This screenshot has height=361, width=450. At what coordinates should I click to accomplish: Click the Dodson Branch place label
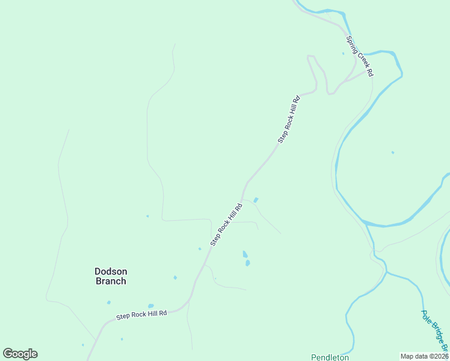[x=111, y=276]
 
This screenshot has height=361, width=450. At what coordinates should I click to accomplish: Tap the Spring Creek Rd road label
[x=360, y=56]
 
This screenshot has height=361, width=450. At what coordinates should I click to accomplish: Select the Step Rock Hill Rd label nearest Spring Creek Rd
[x=289, y=119]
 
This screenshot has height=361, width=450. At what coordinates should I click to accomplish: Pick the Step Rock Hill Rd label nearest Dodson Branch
[x=141, y=315]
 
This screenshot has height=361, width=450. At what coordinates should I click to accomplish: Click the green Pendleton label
[x=330, y=357]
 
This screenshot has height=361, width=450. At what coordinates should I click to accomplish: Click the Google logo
[x=20, y=354]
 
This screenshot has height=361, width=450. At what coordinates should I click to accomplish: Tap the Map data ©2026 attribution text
[x=424, y=356]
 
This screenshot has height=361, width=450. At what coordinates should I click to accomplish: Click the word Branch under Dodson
[x=111, y=281]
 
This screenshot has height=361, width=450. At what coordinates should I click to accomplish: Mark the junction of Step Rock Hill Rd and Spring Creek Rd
[x=366, y=72]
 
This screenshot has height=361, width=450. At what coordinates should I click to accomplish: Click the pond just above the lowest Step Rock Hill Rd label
[x=150, y=306]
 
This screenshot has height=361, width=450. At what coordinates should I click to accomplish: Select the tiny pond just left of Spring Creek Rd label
[x=344, y=54]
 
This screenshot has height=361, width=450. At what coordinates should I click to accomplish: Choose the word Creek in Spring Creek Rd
[x=361, y=57]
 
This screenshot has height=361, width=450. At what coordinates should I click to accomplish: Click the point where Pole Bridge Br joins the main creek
[x=386, y=273]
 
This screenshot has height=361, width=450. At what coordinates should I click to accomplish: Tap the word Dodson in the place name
[x=111, y=271]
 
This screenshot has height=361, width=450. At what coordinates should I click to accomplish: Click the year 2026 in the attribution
[x=440, y=356]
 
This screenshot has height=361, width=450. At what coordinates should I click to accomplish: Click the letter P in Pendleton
[x=313, y=357]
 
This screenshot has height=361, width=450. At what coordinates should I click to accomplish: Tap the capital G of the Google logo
[x=8, y=353]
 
